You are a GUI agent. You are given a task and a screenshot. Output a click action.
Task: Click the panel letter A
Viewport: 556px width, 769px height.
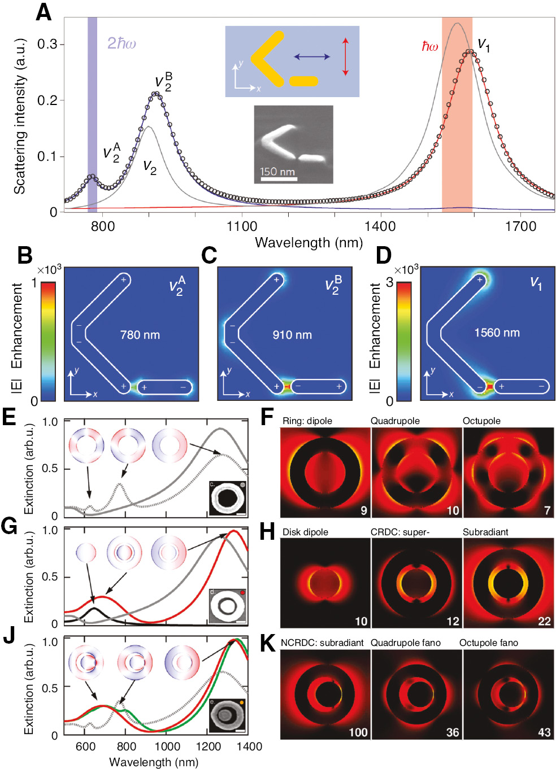(x=44, y=12)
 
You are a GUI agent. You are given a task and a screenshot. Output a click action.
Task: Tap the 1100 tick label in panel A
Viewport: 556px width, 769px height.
(x=242, y=226)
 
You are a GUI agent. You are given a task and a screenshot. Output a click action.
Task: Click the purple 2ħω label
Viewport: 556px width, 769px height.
(x=121, y=43)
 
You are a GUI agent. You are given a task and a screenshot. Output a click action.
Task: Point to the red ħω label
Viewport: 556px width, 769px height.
(x=429, y=47)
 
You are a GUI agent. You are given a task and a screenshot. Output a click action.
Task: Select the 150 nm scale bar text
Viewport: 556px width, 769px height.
(x=277, y=172)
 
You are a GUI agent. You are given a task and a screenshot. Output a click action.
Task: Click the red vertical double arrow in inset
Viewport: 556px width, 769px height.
(x=345, y=56)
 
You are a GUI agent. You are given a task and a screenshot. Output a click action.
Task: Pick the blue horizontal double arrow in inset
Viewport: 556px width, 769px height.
(x=312, y=56)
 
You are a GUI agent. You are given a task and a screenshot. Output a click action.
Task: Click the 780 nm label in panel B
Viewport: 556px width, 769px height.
(x=140, y=335)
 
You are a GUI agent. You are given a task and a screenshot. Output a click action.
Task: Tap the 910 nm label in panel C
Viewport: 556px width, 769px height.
(x=292, y=335)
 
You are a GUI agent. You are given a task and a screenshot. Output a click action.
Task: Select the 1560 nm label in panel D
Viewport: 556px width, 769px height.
(x=497, y=333)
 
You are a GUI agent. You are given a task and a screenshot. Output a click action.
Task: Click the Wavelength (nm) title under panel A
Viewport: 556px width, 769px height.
(x=309, y=243)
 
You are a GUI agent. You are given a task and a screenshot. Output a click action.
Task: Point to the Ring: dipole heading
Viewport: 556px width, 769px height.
(x=307, y=421)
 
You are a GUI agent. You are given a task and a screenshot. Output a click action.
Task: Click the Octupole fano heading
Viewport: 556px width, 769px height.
(x=488, y=643)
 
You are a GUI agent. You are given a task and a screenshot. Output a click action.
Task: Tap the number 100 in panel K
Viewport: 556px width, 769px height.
(x=358, y=732)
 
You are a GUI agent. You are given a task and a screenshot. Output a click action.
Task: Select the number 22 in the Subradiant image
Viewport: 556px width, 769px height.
(x=544, y=621)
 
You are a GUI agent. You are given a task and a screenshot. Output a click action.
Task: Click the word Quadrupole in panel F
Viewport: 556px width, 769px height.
(x=395, y=421)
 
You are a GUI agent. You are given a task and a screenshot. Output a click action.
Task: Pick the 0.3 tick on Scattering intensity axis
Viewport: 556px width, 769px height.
(x=47, y=44)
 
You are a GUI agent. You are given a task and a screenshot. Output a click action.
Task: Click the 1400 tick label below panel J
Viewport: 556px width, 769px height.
(x=249, y=746)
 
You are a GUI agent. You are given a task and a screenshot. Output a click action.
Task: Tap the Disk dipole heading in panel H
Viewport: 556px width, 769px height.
(x=305, y=532)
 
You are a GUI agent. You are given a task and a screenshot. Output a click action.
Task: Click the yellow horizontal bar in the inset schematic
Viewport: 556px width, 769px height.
(x=303, y=81)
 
